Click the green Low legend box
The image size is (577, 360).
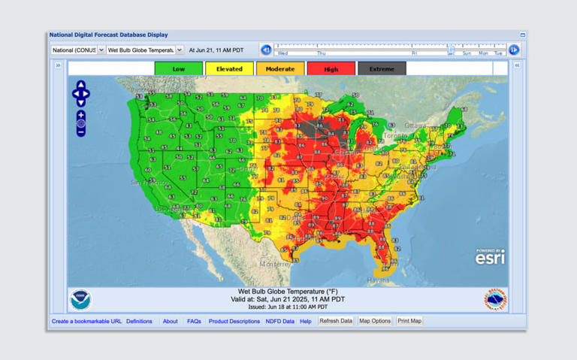coord(178,68)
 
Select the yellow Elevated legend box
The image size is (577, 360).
coord(229,68)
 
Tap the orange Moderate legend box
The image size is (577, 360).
coord(280,68)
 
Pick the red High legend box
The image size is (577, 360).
coord(331,68)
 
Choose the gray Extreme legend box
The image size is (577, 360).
coord(382,68)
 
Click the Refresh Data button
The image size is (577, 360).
coord(335,321)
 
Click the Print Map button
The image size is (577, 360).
coord(409,321)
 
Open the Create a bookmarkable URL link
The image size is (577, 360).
coord(86,322)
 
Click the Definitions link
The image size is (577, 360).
coord(139,322)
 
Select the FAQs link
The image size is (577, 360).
coord(194,322)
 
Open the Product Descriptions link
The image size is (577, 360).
coord(234,322)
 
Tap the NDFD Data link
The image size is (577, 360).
coord(279,322)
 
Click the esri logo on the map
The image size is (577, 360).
coord(490,258)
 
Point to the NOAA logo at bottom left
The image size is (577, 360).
coord(80,299)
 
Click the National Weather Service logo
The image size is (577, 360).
coord(495,299)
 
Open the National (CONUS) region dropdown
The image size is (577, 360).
coord(78,50)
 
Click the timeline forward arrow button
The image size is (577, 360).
coord(514,50)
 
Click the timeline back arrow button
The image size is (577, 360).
coord(266,50)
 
